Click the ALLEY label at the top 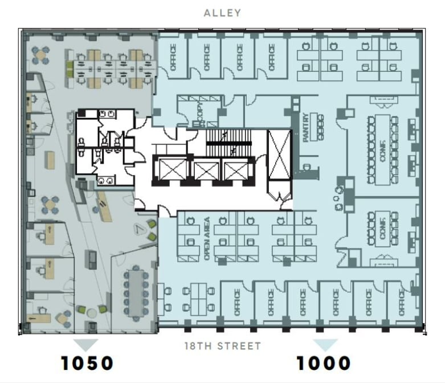point(222,13)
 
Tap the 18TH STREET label point(222,345)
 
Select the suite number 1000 point(323,362)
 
